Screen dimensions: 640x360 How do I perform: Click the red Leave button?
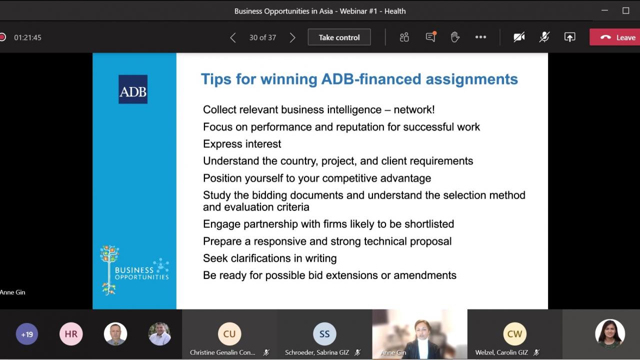(614, 37)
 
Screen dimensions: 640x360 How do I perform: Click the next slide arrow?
(292, 37)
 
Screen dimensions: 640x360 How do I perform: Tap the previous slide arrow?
(233, 37)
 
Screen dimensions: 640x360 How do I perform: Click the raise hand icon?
(455, 37)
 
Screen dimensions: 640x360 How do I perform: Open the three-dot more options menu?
(480, 37)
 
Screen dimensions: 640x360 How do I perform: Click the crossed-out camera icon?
(519, 37)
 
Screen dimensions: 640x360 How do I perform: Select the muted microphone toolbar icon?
(544, 37)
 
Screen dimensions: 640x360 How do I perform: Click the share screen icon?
(569, 37)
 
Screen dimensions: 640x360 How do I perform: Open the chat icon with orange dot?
(431, 37)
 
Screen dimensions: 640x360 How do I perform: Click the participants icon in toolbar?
(404, 37)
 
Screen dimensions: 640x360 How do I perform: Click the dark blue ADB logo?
(133, 89)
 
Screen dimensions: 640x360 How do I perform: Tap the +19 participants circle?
(27, 334)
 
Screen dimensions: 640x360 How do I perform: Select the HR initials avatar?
(71, 334)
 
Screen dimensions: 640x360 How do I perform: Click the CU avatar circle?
(229, 333)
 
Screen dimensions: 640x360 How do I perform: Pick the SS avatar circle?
(324, 333)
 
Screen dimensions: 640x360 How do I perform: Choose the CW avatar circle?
(514, 333)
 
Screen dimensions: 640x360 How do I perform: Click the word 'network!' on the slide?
(414, 109)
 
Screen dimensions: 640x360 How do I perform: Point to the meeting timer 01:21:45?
(27, 37)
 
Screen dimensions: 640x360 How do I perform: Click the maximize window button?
(625, 10)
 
